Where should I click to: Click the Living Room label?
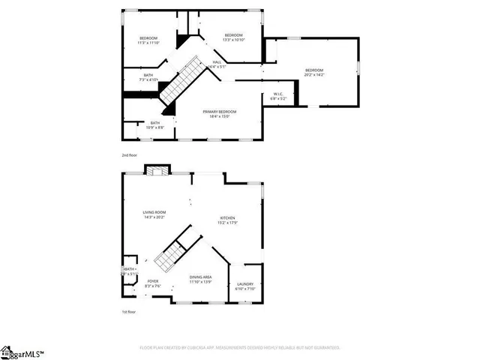(x=154, y=212)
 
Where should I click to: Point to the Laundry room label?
(x=245, y=283)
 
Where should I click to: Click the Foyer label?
(x=152, y=280)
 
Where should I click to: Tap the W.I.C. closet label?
(x=278, y=93)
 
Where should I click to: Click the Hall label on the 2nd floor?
(x=217, y=61)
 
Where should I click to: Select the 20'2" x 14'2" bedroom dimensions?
(x=314, y=75)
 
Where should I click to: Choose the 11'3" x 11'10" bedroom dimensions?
(x=148, y=43)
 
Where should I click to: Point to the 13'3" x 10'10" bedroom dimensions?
(x=233, y=40)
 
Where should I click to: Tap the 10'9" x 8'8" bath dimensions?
(x=154, y=127)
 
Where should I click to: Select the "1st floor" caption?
(x=129, y=311)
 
